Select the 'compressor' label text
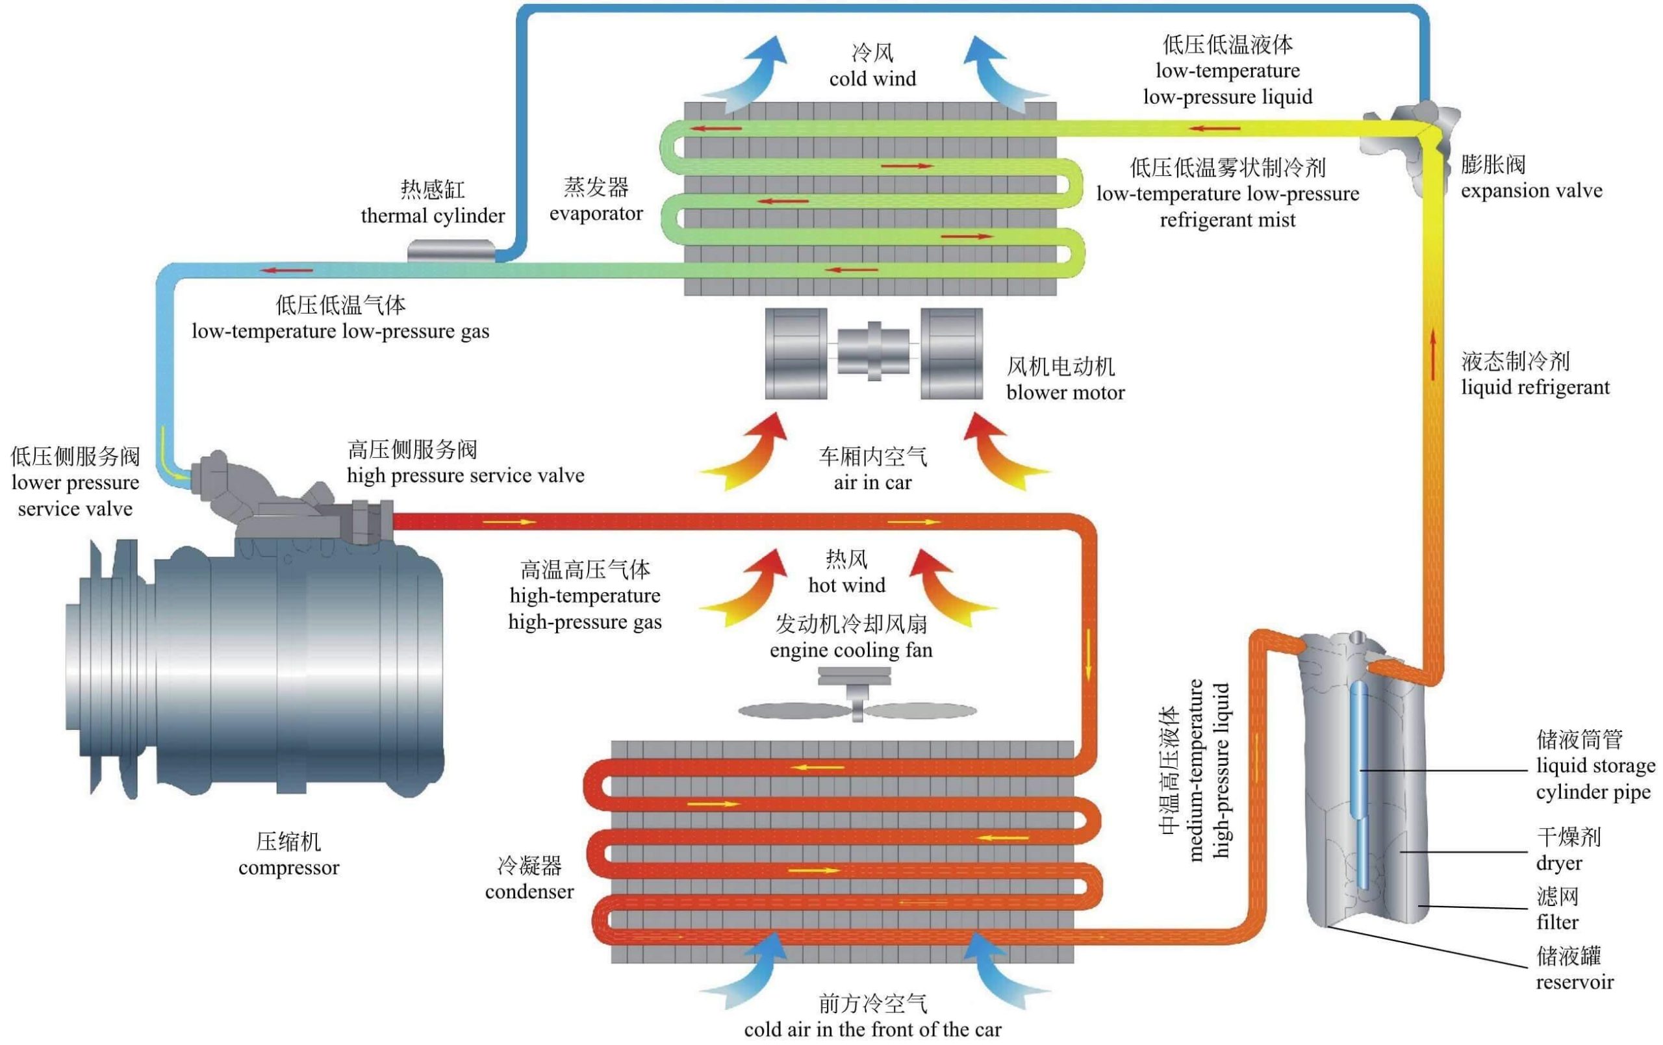coord(288,868)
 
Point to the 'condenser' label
coord(529,892)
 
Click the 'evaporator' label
coord(596,214)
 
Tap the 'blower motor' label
coord(1065,392)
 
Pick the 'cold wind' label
coord(872,79)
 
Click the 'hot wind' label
coord(846,585)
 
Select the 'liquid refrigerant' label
coord(1534,388)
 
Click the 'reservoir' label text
coord(1575,981)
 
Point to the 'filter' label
coord(1557,922)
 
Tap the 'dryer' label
coord(1558,862)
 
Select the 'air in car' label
coord(872,482)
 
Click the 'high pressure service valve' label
coord(466,475)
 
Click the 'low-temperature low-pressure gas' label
coord(340,331)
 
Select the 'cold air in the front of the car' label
coord(872,1029)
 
